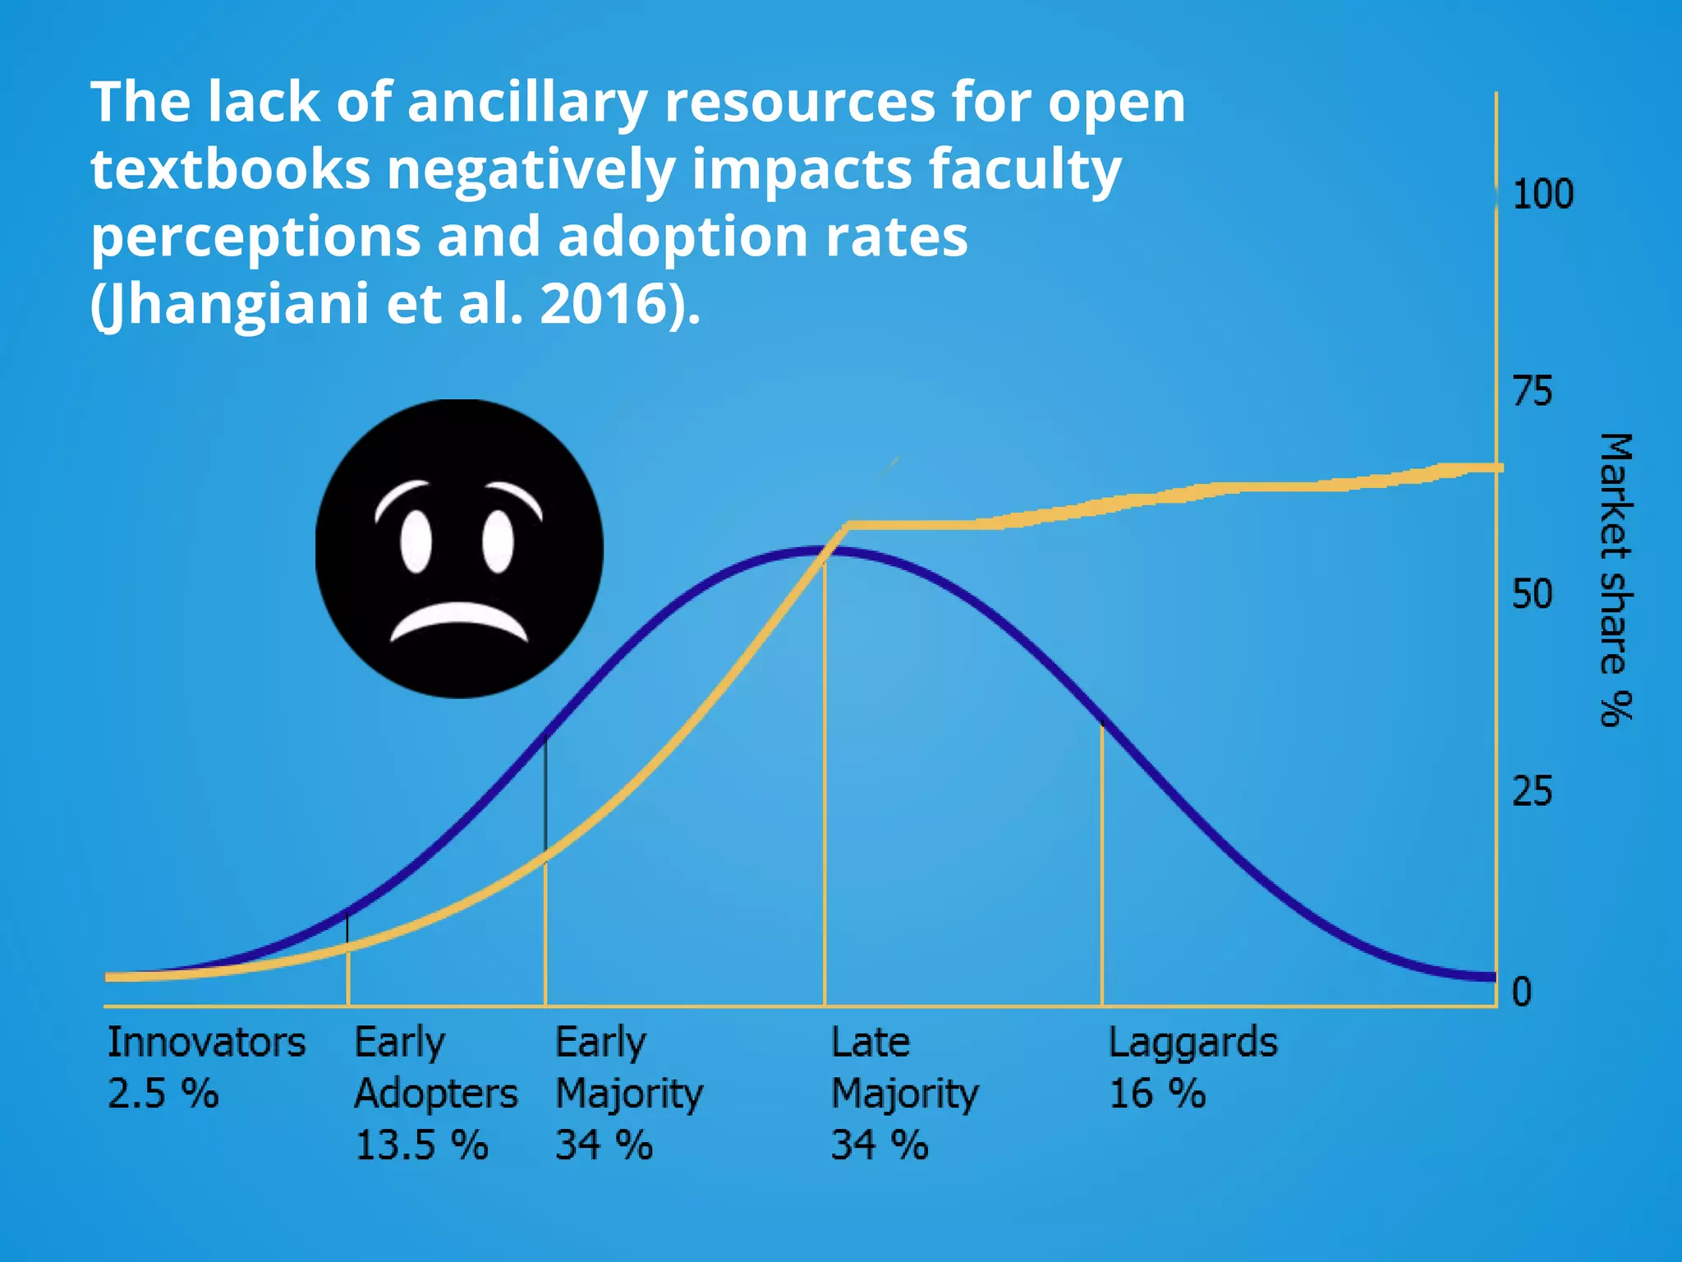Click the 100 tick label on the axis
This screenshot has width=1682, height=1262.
[1542, 195]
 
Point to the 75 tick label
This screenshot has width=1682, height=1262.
[1533, 391]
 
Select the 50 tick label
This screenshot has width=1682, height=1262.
[1533, 594]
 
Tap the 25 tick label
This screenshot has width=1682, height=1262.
[1533, 791]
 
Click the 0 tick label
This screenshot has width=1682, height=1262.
[1522, 992]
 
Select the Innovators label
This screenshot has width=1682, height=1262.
[206, 1042]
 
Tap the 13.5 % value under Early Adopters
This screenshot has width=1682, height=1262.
[421, 1145]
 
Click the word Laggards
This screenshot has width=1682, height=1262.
[1193, 1042]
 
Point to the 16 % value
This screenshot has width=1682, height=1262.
[1157, 1094]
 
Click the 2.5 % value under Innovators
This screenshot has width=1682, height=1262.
[163, 1094]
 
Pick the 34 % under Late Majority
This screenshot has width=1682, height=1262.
[880, 1145]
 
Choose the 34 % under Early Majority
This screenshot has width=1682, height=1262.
[604, 1145]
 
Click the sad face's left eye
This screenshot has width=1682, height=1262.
[416, 541]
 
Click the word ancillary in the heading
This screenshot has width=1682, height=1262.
[526, 102]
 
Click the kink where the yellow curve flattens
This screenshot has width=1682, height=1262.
[848, 523]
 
